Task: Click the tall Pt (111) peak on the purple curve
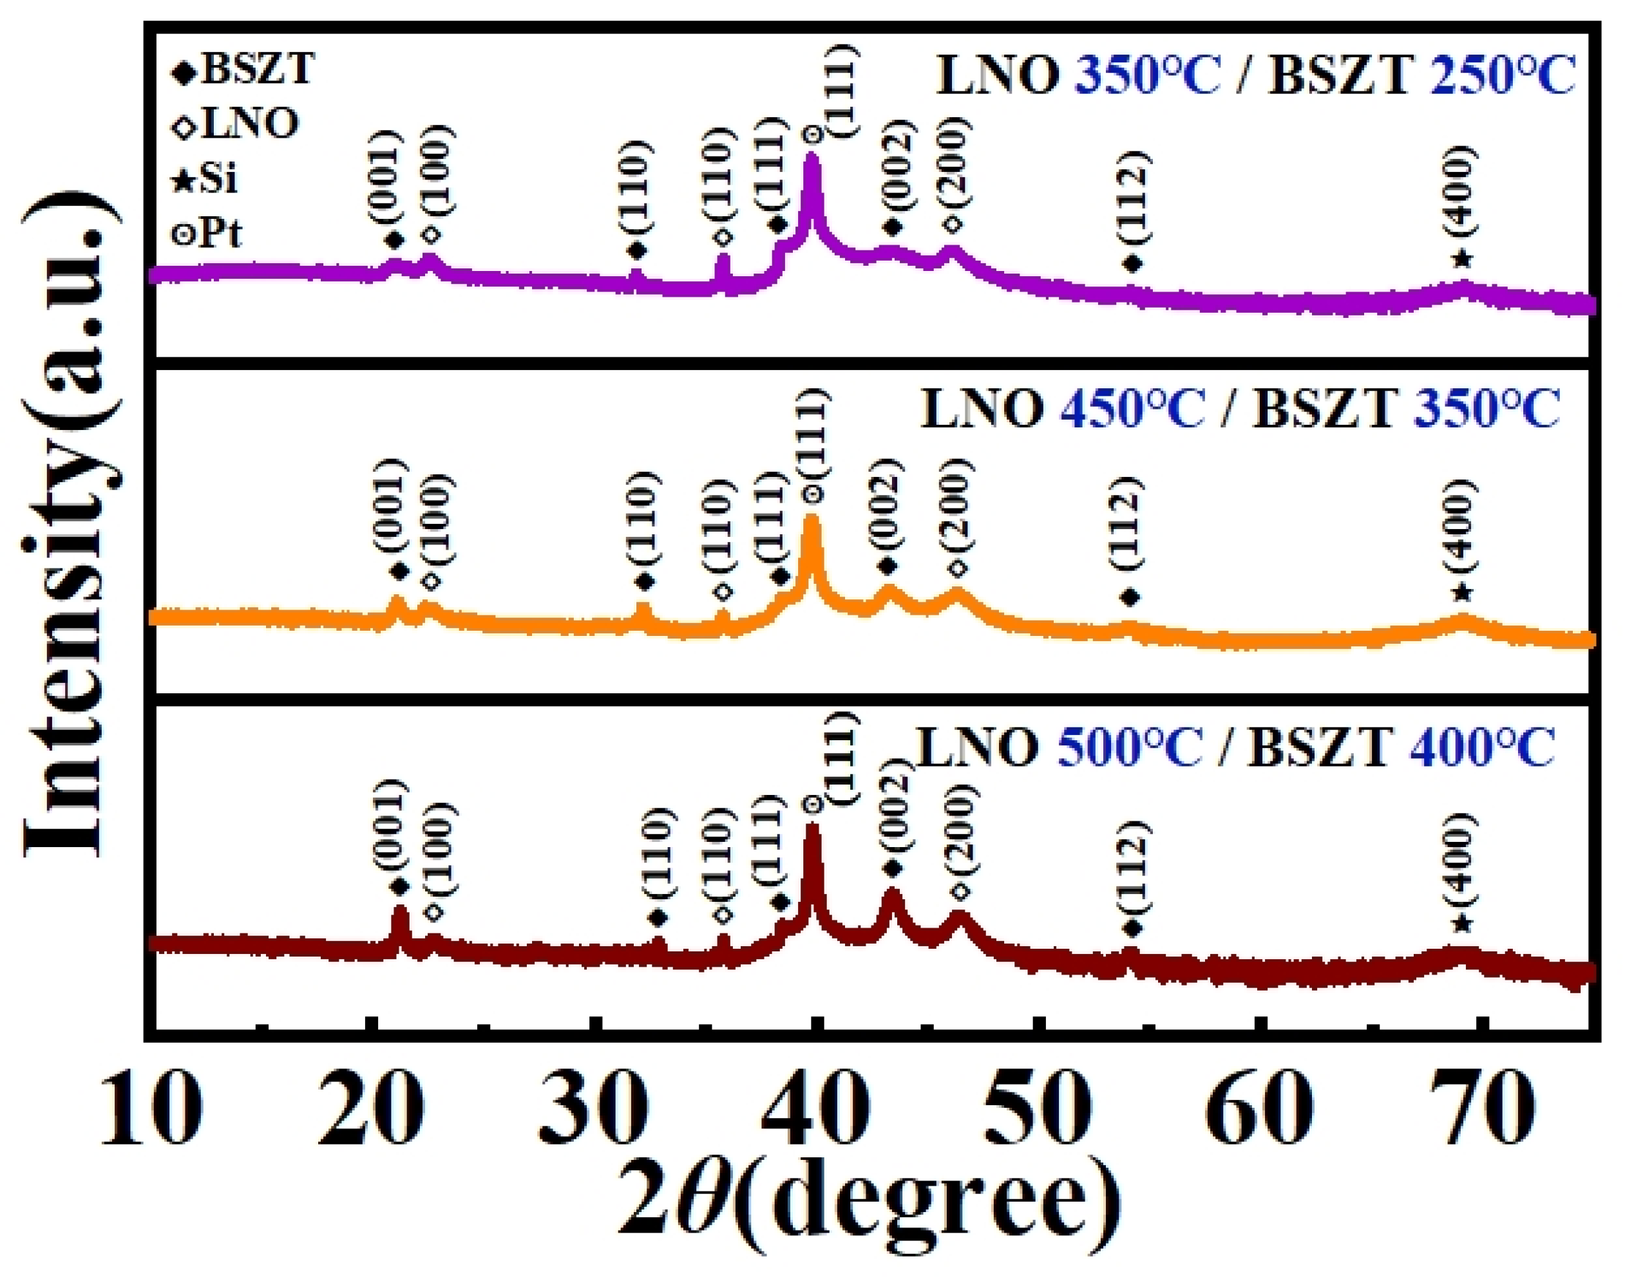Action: coord(812,161)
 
